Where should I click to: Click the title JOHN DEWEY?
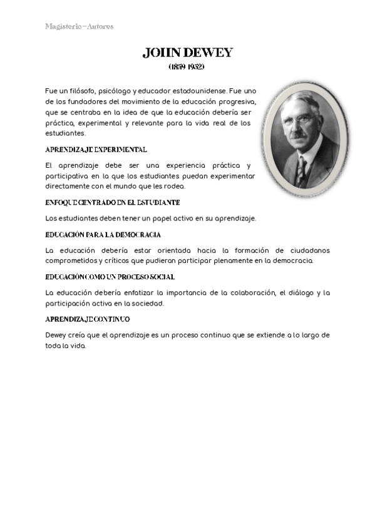(187, 53)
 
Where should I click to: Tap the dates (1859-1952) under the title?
(187, 66)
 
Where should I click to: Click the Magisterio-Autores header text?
(79, 26)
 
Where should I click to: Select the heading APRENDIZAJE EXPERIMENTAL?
(96, 150)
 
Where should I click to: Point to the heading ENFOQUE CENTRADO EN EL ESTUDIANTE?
(113, 203)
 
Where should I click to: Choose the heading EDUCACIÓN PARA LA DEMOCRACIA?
(103, 235)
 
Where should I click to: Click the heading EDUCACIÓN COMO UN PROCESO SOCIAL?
(110, 277)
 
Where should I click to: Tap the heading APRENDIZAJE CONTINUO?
(88, 319)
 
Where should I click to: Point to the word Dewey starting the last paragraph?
(55, 335)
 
